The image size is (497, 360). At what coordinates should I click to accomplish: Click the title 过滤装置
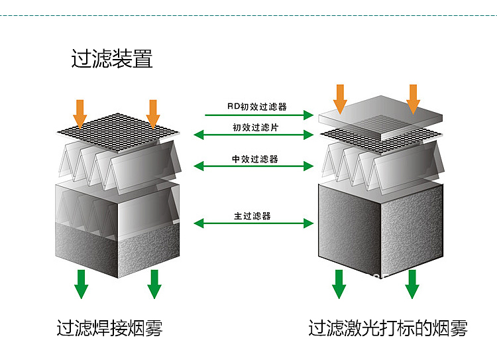pos(112,58)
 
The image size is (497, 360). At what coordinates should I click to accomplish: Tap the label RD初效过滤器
pos(257,107)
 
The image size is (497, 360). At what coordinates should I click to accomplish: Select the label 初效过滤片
pos(256,127)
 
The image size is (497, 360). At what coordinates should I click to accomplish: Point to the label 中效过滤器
pos(255,159)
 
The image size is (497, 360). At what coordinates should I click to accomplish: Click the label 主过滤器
pos(252,216)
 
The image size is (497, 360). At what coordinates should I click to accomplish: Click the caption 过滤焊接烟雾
pos(109,328)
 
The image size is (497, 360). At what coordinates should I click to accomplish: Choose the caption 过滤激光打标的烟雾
pos(388,328)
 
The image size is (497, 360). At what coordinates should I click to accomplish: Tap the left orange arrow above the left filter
pos(80,114)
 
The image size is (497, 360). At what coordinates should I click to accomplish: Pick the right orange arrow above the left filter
pos(153,114)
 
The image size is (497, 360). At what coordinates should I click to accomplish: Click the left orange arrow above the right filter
pos(340,99)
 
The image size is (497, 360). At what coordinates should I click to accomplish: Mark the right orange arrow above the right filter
pos(413,99)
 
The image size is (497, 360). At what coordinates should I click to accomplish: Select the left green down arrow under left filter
pos(81,284)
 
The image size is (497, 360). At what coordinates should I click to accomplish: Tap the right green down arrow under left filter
pos(154,284)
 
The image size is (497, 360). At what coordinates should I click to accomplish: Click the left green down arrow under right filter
pos(339,284)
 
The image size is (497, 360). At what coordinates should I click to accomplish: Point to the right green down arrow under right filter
pos(412,284)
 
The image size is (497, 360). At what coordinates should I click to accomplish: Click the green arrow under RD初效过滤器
pos(259,115)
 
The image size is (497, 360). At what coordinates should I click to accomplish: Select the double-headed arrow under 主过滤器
pos(254,223)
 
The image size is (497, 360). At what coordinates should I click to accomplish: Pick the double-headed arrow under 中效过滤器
pos(254,166)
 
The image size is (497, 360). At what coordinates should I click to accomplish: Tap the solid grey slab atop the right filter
pos(380,117)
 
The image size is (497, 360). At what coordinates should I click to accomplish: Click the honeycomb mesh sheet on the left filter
pos(118,132)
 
